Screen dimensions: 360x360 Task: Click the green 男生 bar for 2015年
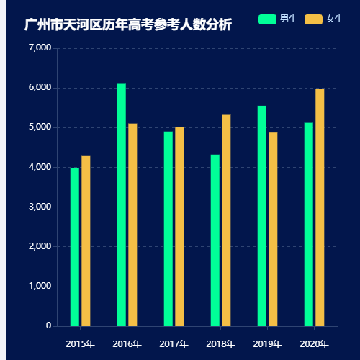click(75, 247)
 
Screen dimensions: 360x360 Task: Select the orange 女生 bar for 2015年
click(86, 240)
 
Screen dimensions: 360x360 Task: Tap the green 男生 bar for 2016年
click(122, 204)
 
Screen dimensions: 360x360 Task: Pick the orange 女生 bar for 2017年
click(179, 227)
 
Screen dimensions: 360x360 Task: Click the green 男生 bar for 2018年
click(215, 240)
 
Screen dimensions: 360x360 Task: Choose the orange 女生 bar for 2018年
click(226, 220)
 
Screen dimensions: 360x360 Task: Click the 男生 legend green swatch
click(267, 19)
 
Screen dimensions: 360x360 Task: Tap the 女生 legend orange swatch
click(313, 19)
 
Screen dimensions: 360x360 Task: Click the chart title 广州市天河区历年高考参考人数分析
click(128, 25)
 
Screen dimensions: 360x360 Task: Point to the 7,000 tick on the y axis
click(39, 48)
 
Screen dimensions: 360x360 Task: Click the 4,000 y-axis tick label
click(39, 167)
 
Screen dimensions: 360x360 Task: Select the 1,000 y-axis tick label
click(39, 287)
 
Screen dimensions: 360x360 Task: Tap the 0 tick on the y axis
click(48, 326)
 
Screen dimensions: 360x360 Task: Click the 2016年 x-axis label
click(127, 343)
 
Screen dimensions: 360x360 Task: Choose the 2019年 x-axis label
click(267, 343)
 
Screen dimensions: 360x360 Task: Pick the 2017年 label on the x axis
click(174, 343)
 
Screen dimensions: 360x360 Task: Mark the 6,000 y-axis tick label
click(39, 88)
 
